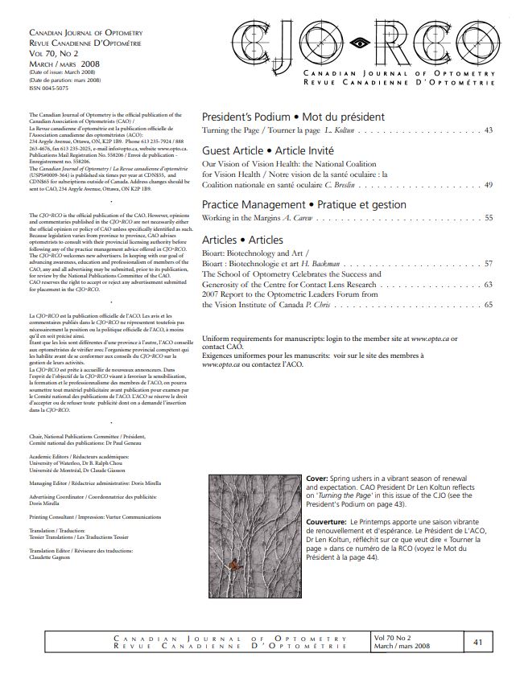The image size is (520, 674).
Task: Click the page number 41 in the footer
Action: tap(477, 642)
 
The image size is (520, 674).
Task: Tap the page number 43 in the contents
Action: tap(488, 129)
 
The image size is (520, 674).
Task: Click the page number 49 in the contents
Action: tap(488, 185)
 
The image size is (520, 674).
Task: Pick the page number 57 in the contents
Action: tap(488, 263)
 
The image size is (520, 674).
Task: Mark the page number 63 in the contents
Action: tap(488, 284)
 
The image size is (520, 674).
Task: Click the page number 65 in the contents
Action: tap(488, 305)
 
